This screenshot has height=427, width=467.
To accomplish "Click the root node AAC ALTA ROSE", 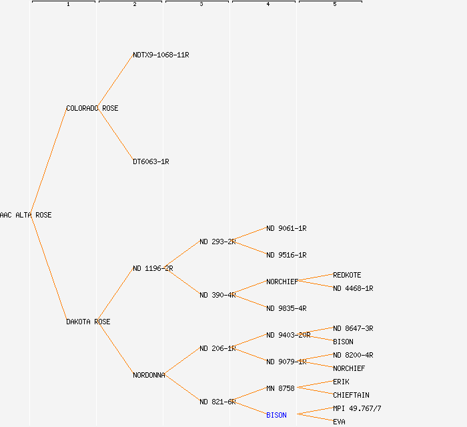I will pyautogui.click(x=25, y=215).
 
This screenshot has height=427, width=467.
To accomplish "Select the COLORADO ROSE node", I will pyautogui.click(x=92, y=108).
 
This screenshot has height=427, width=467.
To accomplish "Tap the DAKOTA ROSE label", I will pyautogui.click(x=88, y=322).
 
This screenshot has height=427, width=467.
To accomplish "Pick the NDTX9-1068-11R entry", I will pyautogui.click(x=161, y=55).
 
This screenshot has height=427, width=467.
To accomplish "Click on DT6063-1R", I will pyautogui.click(x=151, y=161).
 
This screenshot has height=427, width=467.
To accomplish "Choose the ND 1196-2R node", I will pyautogui.click(x=153, y=268).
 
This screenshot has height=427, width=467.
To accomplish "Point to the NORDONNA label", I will pyautogui.click(x=149, y=375).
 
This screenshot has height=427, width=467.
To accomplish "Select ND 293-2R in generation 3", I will pyautogui.click(x=217, y=242).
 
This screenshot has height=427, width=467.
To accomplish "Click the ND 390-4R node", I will pyautogui.click(x=217, y=295).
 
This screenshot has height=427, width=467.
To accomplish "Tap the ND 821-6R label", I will pyautogui.click(x=217, y=402).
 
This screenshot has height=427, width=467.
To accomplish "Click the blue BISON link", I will pyautogui.click(x=276, y=415).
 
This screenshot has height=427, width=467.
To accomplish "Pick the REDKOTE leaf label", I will pyautogui.click(x=347, y=275).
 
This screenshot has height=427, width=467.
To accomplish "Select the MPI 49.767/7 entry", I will pyautogui.click(x=357, y=408).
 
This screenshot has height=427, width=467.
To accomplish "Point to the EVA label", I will pyautogui.click(x=339, y=422).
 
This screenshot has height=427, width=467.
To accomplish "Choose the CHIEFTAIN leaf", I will pyautogui.click(x=351, y=395).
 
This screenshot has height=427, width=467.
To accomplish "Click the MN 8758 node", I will pyautogui.click(x=280, y=388).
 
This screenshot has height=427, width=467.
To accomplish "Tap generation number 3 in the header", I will pyautogui.click(x=201, y=5).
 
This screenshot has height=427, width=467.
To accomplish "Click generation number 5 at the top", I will pyautogui.click(x=335, y=5).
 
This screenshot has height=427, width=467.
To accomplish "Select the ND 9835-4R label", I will pyautogui.click(x=286, y=308).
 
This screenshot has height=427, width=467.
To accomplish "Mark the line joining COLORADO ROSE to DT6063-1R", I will pyautogui.click(x=116, y=135).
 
